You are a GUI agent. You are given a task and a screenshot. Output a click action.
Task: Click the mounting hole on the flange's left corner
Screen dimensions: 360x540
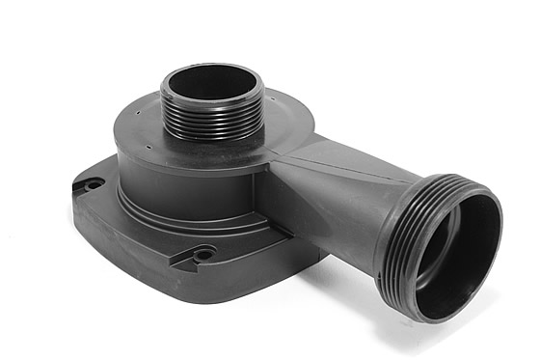pos(93,183)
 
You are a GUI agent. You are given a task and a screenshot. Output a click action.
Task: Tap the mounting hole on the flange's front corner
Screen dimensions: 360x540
pos(204,255)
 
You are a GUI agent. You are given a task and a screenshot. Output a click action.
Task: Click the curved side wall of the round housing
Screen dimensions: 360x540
pos(164,179)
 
